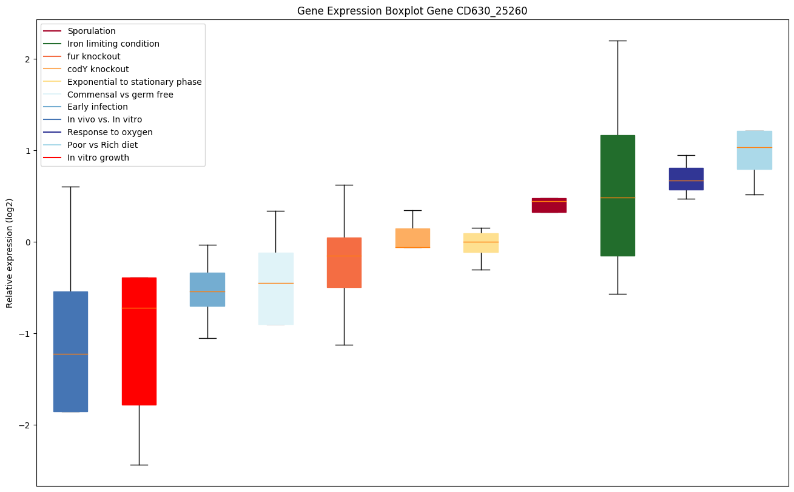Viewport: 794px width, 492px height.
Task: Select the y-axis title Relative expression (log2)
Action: (10, 253)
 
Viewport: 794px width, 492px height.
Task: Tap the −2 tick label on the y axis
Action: (25, 425)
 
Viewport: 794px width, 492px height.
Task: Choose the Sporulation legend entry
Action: (92, 31)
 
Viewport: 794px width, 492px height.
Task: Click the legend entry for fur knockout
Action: (94, 56)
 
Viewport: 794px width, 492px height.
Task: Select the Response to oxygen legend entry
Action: (110, 132)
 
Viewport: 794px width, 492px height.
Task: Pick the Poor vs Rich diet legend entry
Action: (103, 145)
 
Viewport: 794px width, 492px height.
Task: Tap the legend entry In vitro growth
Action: (98, 158)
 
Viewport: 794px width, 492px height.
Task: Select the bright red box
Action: (139, 364)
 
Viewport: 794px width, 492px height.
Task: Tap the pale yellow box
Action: (481, 247)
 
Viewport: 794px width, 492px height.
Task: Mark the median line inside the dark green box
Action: (617, 198)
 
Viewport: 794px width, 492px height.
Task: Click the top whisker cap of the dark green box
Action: (617, 41)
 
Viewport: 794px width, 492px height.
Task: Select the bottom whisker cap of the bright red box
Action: (139, 465)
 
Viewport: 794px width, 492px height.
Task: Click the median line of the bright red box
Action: (139, 308)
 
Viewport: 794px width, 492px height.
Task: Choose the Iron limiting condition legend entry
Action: (113, 44)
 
